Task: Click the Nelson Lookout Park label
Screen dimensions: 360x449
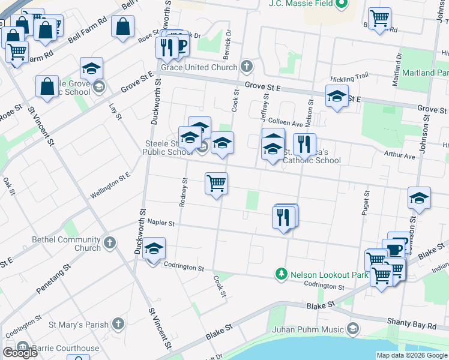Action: click(x=329, y=274)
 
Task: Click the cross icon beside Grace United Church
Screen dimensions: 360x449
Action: click(x=246, y=66)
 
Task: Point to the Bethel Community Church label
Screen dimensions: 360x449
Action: click(x=67, y=244)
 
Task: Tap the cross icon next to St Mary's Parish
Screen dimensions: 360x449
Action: click(x=118, y=325)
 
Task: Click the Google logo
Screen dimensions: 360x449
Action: click(x=20, y=353)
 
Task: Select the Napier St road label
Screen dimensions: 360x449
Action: click(x=160, y=223)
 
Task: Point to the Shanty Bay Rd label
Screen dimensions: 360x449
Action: click(x=412, y=325)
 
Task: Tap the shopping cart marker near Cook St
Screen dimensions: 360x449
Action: click(x=216, y=183)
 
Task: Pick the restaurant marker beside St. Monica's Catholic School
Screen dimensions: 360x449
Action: click(x=305, y=144)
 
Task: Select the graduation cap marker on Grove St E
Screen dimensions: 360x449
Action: click(x=337, y=95)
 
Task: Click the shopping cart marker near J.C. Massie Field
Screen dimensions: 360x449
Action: click(x=379, y=18)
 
